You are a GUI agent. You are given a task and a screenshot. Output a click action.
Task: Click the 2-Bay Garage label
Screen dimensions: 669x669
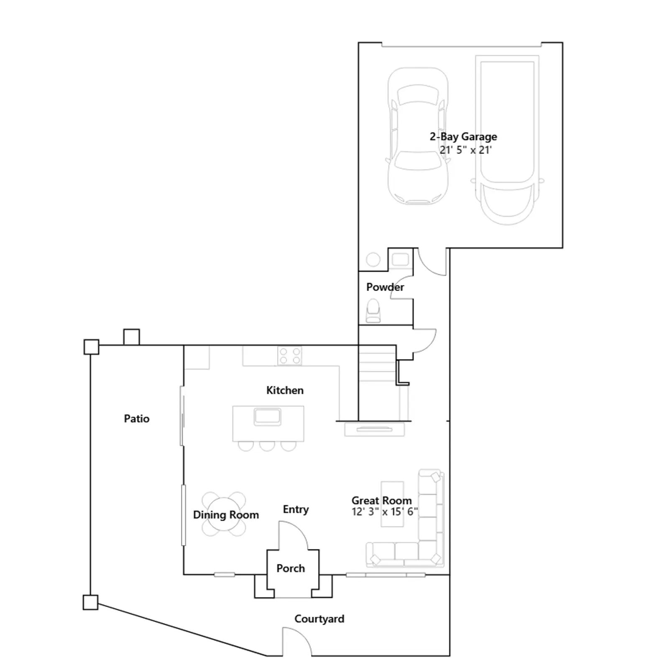pyautogui.click(x=463, y=137)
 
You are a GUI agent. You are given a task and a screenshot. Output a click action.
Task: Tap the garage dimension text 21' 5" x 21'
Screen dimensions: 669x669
pyautogui.click(x=465, y=150)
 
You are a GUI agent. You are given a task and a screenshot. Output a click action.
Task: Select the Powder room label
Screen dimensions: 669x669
pyautogui.click(x=385, y=287)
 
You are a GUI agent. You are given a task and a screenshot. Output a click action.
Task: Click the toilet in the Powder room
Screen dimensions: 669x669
pyautogui.click(x=373, y=311)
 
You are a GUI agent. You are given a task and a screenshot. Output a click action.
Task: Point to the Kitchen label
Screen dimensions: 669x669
pyautogui.click(x=285, y=391)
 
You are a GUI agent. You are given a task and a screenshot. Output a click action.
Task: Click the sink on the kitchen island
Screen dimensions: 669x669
pyautogui.click(x=267, y=417)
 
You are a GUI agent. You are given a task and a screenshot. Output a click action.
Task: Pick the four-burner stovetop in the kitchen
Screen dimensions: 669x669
pyautogui.click(x=290, y=356)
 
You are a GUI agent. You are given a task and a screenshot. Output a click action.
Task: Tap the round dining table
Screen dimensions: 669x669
pyautogui.click(x=224, y=514)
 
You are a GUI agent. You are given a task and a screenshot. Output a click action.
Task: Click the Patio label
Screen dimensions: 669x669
pyautogui.click(x=137, y=419)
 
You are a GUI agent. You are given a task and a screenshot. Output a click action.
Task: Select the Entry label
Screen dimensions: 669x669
pyautogui.click(x=296, y=509)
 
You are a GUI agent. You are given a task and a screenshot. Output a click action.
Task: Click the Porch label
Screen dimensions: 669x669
pyautogui.click(x=291, y=568)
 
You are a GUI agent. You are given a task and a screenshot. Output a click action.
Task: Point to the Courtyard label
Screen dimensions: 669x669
pyautogui.click(x=319, y=619)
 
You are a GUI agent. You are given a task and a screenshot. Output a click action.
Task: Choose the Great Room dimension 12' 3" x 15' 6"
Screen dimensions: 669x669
pyautogui.click(x=385, y=512)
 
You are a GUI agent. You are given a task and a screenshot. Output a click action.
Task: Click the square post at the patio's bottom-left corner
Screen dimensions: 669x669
pyautogui.click(x=90, y=603)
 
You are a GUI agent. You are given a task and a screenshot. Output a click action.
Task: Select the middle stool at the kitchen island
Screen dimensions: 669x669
pyautogui.click(x=267, y=446)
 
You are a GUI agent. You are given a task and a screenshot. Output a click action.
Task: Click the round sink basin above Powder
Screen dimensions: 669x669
pyautogui.click(x=373, y=260)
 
